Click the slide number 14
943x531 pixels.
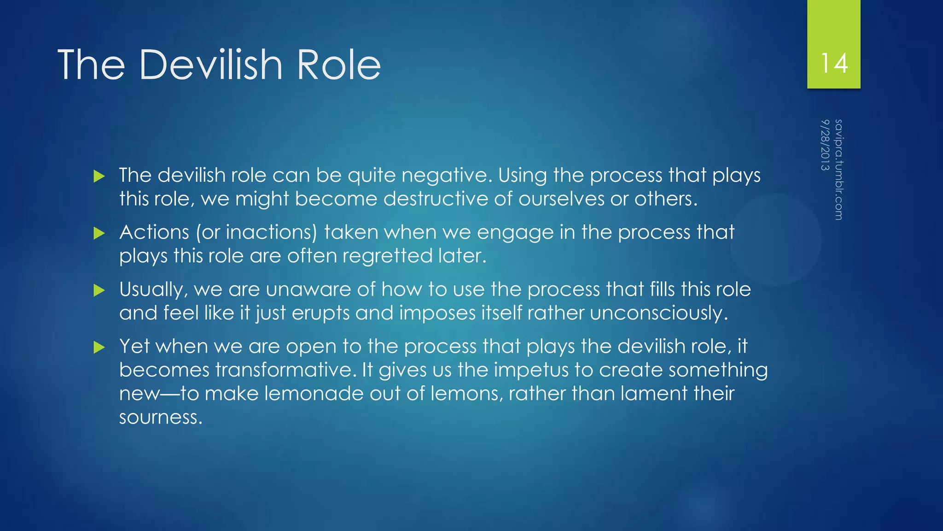click(x=834, y=63)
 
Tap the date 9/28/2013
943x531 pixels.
click(x=825, y=145)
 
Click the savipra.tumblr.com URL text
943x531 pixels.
click(x=838, y=170)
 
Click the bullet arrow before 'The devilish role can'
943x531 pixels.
click(x=99, y=176)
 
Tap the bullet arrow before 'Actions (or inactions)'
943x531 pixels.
click(x=99, y=233)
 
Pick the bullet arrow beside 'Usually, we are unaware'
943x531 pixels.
click(x=99, y=290)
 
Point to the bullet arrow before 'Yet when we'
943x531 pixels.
click(x=99, y=347)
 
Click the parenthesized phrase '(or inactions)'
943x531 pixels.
click(x=256, y=232)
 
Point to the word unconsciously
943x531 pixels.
click(x=658, y=313)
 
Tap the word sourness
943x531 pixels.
click(x=161, y=417)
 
